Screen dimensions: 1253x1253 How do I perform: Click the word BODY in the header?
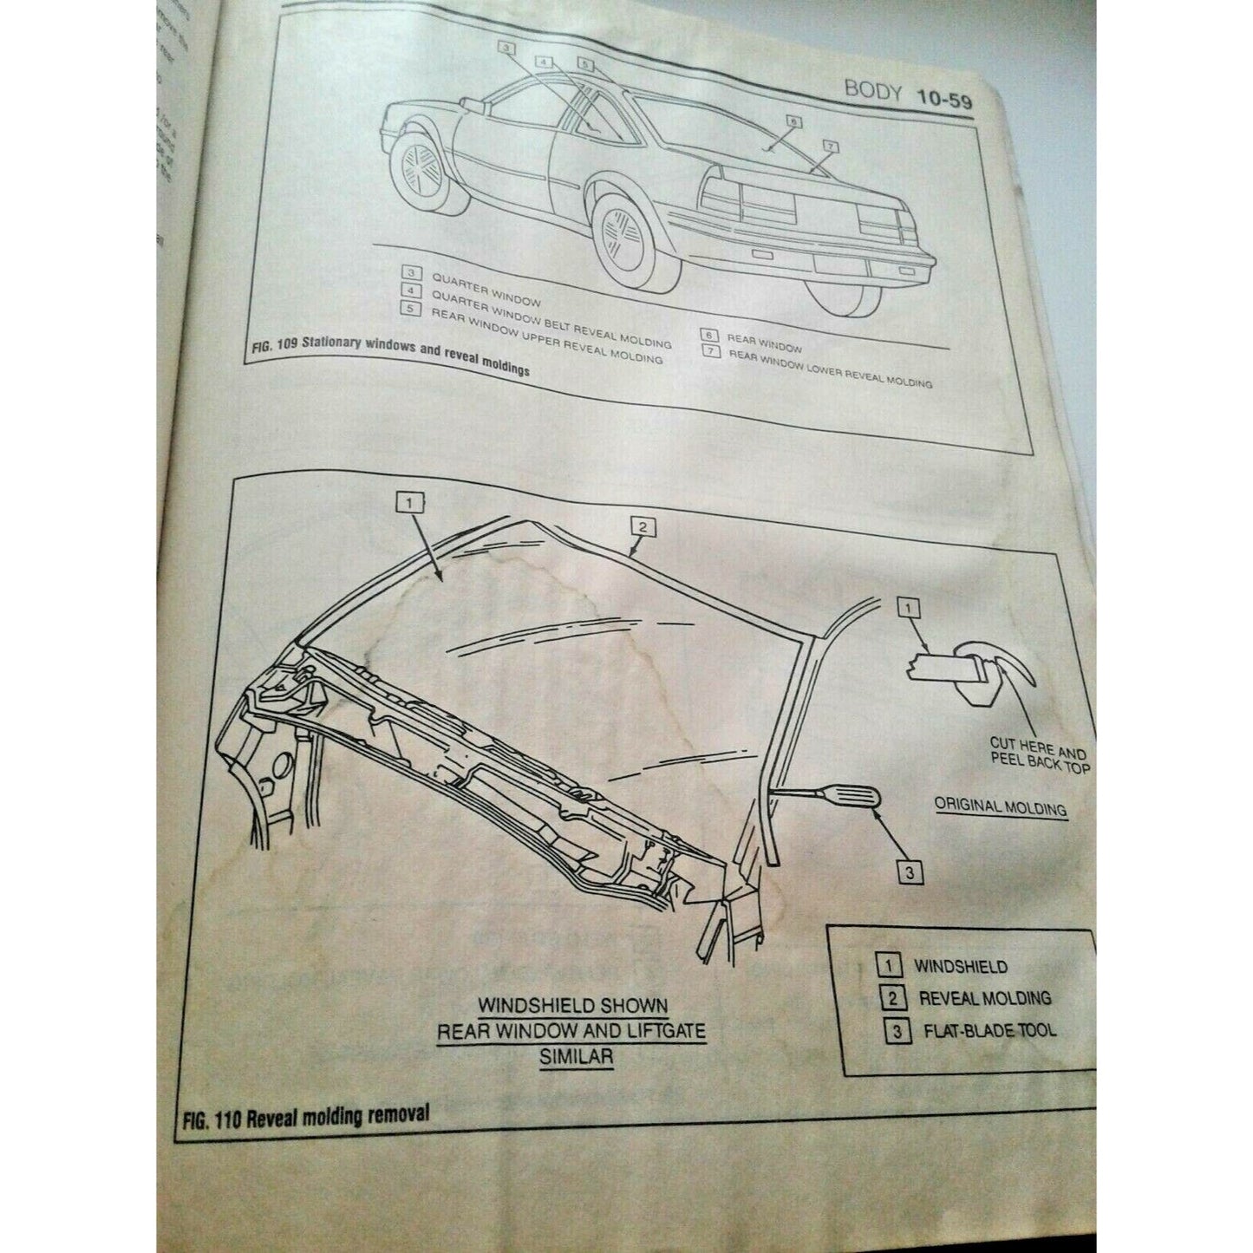pos(872,89)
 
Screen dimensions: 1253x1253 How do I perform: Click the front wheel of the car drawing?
pos(421,173)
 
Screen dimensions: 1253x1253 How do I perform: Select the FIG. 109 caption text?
pos(389,357)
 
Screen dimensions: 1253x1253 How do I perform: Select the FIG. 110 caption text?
pos(306,1115)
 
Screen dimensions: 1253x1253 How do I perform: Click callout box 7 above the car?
pos(829,147)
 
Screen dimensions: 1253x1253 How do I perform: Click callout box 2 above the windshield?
pos(643,526)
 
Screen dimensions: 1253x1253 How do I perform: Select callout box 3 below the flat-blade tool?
pos(909,871)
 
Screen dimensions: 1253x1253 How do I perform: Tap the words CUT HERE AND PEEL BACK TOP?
pos(1039,755)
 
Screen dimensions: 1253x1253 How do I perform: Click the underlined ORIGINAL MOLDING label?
pos(1000,806)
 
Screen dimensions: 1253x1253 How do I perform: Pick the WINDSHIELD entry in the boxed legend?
pos(960,966)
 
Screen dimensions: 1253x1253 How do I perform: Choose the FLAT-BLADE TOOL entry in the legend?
pos(989,1031)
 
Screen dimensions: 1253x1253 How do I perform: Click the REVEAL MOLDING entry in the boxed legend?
pos(984,998)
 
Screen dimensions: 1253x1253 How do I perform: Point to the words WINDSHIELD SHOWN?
pos(573,1006)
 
